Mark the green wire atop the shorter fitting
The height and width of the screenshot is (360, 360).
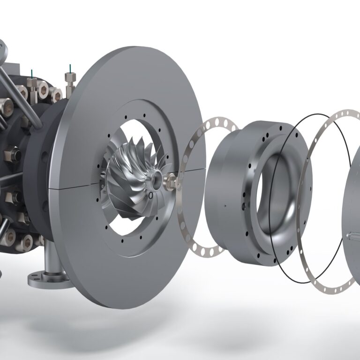click(31, 73)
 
